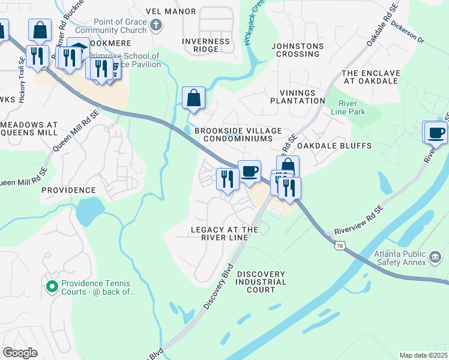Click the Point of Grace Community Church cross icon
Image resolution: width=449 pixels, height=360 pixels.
(x=156, y=25)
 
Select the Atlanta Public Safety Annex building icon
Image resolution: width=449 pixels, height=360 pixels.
(x=435, y=258)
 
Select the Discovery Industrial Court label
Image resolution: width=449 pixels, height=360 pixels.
(x=261, y=282)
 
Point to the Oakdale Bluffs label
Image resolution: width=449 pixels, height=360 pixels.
(x=334, y=146)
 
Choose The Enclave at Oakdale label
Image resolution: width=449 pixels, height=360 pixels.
(x=370, y=77)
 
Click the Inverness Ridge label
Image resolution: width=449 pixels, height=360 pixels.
(x=206, y=46)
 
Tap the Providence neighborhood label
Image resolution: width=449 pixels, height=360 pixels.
(x=68, y=190)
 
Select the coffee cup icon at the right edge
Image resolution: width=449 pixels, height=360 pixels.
(x=436, y=132)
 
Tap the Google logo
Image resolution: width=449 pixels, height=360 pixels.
(x=20, y=353)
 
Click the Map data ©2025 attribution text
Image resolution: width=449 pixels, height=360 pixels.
(x=423, y=355)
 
